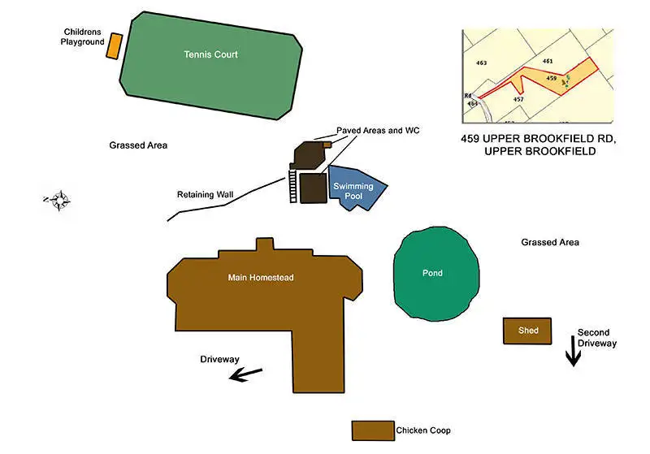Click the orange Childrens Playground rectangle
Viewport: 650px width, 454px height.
coord(115,45)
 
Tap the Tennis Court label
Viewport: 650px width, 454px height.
coord(210,55)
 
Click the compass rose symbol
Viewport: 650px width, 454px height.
coord(58,199)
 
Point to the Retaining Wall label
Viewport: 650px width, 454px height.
coord(205,195)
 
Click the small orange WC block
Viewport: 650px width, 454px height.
coord(327,145)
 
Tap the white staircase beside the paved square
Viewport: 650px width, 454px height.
coord(292,186)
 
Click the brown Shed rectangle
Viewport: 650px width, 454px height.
coord(527,331)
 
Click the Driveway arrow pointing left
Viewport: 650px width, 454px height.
coord(246,374)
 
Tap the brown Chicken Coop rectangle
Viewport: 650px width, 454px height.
coord(373,430)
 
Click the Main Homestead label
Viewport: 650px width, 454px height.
coord(260,278)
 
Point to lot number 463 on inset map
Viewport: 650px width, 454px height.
coord(481,63)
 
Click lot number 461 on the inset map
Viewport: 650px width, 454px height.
coord(548,61)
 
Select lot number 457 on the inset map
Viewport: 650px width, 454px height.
coord(518,99)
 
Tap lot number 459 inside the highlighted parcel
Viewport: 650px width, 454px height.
coord(551,78)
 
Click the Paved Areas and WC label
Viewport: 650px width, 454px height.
coord(378,131)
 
